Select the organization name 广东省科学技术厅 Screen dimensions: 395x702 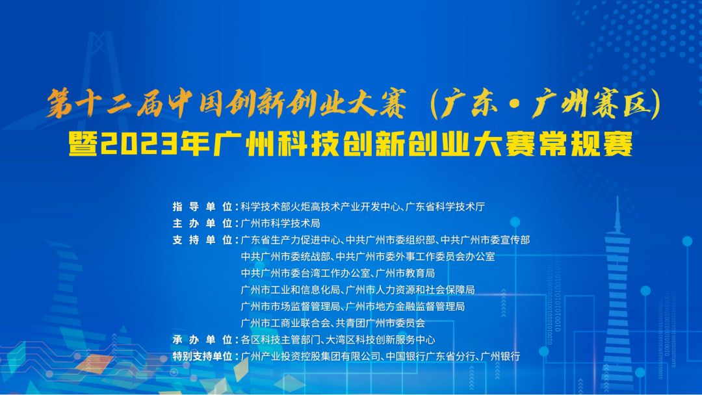point(446,207)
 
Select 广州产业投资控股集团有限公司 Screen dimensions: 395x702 point(309,356)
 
